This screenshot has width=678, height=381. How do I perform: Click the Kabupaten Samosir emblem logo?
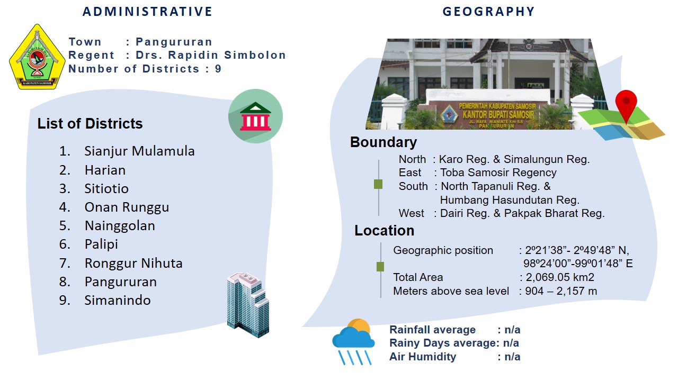37,57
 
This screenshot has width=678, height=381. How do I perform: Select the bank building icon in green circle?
255,116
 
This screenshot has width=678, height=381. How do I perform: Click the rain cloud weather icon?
353,342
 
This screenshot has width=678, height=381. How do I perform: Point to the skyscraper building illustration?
248,305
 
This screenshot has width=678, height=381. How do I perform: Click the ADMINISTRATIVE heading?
147,12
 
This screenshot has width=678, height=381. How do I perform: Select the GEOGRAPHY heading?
489,12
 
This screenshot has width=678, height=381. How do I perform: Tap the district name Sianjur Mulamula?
139,151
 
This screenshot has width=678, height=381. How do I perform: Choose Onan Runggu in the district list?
127,207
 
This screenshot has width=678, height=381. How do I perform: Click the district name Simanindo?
118,300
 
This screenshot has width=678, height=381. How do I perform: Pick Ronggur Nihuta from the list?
133,263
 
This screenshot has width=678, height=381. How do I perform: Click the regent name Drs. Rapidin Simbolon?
211,55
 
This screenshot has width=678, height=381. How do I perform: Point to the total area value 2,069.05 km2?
560,277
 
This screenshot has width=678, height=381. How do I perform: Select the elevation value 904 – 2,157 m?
561,291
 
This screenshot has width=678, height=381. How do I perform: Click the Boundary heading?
383,142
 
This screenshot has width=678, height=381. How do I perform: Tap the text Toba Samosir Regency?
498,173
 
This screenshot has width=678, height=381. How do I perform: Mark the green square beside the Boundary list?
378,184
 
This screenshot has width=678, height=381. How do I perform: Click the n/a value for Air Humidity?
512,357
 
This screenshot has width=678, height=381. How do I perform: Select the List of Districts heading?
90,123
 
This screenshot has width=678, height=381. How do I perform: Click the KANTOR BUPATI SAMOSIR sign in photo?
498,115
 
